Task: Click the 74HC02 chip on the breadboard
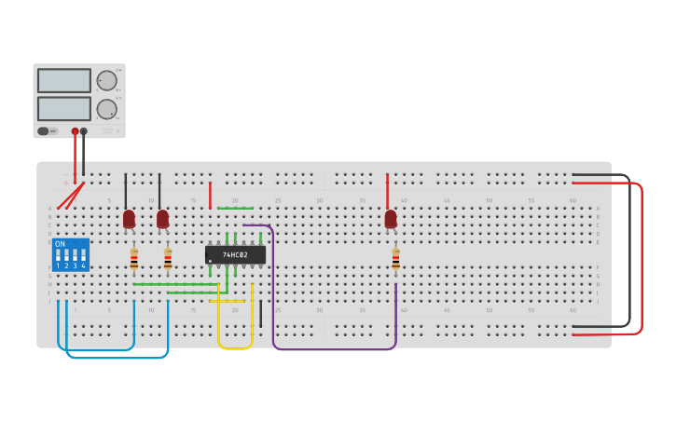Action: (x=235, y=254)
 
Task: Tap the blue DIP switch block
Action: (x=71, y=254)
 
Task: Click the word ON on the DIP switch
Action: (x=61, y=244)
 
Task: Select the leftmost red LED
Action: (x=129, y=219)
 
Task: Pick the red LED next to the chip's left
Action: (x=163, y=219)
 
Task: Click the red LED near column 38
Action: (x=391, y=219)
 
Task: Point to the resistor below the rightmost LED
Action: (x=395, y=258)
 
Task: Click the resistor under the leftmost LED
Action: (x=133, y=258)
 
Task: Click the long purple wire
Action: (x=336, y=349)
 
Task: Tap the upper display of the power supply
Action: (x=64, y=80)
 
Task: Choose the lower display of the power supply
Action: (x=64, y=108)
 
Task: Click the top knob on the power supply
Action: (x=107, y=80)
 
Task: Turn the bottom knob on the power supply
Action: (x=107, y=109)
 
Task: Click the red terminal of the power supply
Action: (x=75, y=131)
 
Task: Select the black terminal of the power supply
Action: (x=84, y=131)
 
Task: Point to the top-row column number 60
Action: (x=573, y=200)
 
